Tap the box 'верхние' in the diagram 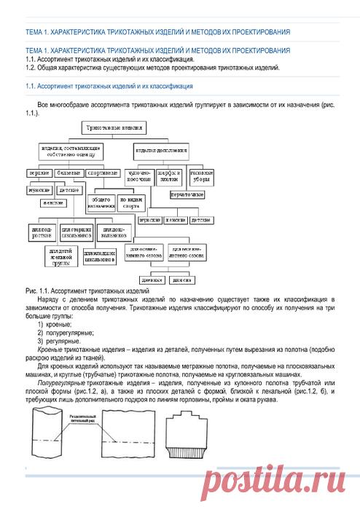[x=39, y=173]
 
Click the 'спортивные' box [x=103, y=173]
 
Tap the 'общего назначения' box [x=99, y=201]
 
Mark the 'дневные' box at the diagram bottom [x=149, y=279]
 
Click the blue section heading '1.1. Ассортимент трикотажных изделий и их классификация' [x=108, y=87]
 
